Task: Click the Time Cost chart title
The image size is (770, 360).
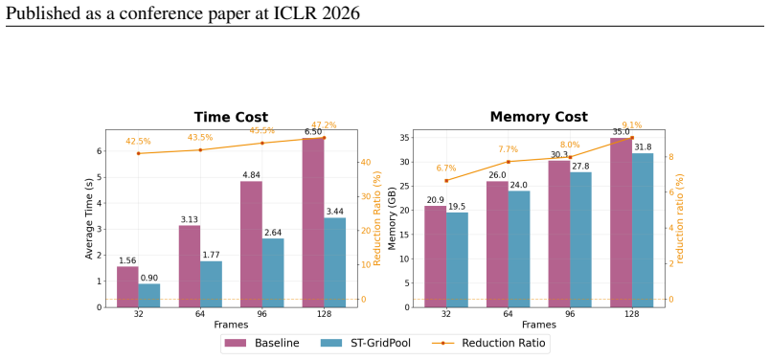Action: (x=231, y=118)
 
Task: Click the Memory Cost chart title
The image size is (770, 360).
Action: (x=538, y=118)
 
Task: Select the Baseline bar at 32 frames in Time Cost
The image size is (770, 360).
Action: (x=127, y=287)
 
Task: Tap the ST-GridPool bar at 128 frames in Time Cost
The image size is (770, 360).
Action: (x=335, y=262)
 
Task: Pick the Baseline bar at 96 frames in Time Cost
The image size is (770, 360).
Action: (x=252, y=244)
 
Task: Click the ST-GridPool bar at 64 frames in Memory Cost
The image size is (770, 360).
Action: (x=519, y=249)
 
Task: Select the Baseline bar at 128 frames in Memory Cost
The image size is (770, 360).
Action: (x=622, y=222)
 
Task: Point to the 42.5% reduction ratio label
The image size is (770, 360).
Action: (x=139, y=142)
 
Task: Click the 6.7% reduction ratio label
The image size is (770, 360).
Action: (x=446, y=169)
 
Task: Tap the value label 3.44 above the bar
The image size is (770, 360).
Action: (x=335, y=213)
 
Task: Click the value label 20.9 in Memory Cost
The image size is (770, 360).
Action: (x=436, y=200)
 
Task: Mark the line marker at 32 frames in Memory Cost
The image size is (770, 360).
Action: (x=446, y=181)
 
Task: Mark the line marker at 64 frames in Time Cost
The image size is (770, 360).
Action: (x=200, y=149)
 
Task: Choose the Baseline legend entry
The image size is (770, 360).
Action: (x=261, y=343)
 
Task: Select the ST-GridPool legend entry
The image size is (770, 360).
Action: (x=365, y=343)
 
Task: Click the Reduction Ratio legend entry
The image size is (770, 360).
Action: (x=488, y=343)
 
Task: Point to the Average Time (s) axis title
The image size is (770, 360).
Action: (x=89, y=218)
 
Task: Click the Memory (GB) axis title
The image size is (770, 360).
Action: (x=393, y=218)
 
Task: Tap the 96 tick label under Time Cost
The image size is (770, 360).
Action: (x=262, y=314)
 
